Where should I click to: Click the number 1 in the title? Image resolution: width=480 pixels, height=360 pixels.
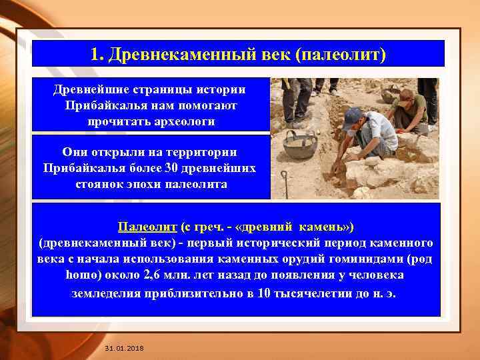(x=95, y=53)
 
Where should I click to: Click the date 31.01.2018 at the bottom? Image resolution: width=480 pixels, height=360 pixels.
(x=124, y=349)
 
